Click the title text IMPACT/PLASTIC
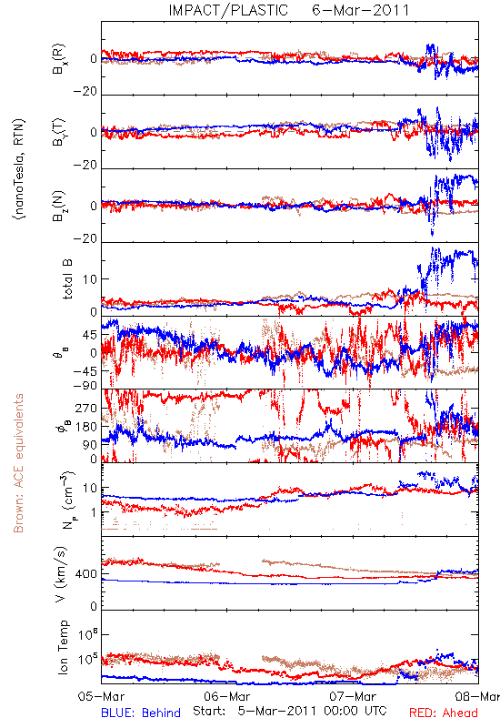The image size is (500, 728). click(x=228, y=10)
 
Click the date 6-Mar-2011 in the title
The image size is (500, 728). click(x=360, y=10)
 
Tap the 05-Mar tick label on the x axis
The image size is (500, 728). click(x=101, y=696)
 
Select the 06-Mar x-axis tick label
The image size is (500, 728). click(x=226, y=696)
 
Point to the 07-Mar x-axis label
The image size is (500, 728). click(x=353, y=696)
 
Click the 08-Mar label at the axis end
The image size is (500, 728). click(x=477, y=696)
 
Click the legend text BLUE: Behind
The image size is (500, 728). click(x=141, y=713)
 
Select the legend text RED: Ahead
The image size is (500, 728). click(x=444, y=713)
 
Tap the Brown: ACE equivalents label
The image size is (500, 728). click(x=18, y=463)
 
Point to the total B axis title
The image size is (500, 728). click(x=67, y=279)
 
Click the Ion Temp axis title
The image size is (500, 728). click(x=63, y=646)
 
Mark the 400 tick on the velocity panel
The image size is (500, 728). click(x=86, y=574)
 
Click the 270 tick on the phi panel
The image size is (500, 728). click(x=86, y=408)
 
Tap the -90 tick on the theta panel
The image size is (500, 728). click(x=85, y=386)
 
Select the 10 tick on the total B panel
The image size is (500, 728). click(x=91, y=279)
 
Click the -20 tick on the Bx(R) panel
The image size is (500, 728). click(x=85, y=92)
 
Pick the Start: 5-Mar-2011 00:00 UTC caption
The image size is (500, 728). click(x=290, y=712)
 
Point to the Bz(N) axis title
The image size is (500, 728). click(x=59, y=207)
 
